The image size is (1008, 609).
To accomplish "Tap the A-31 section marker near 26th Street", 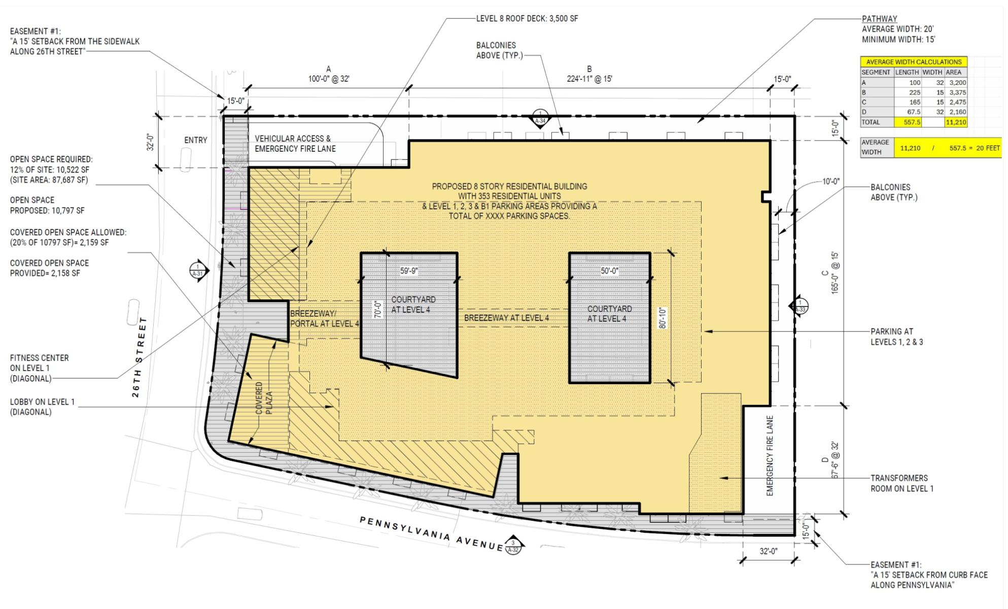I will pyautogui.click(x=198, y=270).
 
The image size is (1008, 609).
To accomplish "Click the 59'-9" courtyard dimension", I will pyautogui.click(x=409, y=271).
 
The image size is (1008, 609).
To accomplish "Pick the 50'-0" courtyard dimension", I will pyautogui.click(x=609, y=271).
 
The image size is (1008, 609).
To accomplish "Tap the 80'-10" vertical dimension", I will pyautogui.click(x=662, y=318).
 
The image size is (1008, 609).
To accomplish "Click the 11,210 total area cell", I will pyautogui.click(x=956, y=122).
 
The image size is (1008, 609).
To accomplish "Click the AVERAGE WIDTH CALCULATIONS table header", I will pyautogui.click(x=914, y=62).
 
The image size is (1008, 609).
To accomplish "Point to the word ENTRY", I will pyautogui.click(x=196, y=140).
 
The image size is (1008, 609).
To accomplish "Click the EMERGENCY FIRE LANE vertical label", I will pyautogui.click(x=770, y=456).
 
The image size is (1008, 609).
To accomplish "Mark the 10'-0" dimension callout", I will pyautogui.click(x=831, y=181).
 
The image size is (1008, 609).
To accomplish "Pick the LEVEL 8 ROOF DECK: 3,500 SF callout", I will pyautogui.click(x=527, y=19).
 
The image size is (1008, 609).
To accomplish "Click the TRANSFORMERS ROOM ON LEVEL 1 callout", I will pyautogui.click(x=902, y=483).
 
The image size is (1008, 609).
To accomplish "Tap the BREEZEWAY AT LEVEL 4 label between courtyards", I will pyautogui.click(x=506, y=318).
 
